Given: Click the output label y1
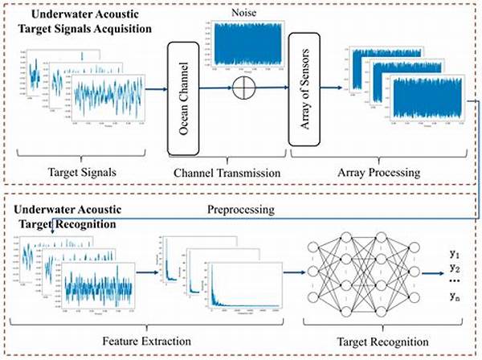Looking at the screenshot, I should pos(455,255).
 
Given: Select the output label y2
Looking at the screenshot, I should pos(455,268).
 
